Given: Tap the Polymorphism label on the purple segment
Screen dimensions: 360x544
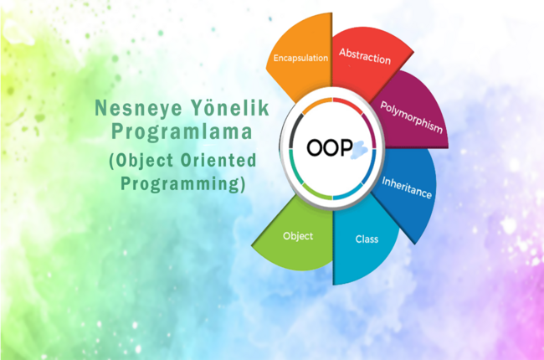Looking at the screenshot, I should pyautogui.click(x=411, y=117).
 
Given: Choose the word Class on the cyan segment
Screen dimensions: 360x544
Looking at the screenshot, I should pyautogui.click(x=367, y=239).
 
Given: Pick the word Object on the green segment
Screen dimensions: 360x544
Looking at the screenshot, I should pyautogui.click(x=298, y=236).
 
